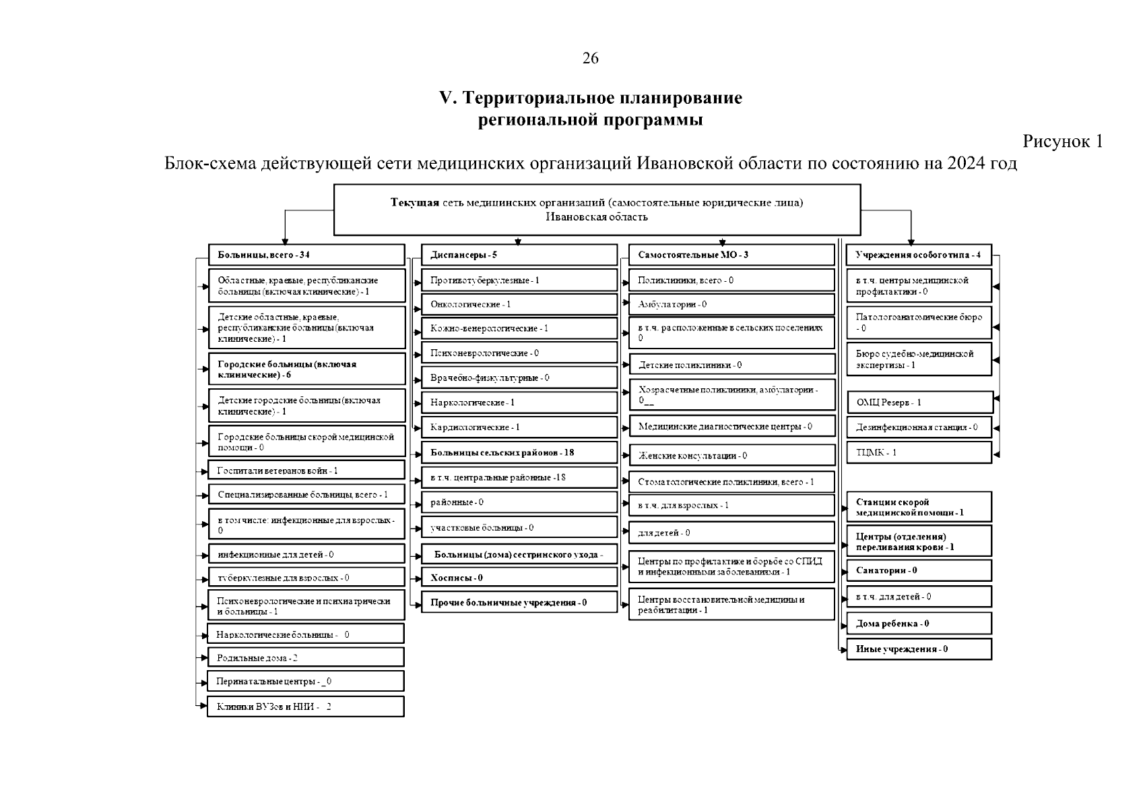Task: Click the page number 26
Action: point(590,59)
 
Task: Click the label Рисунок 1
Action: point(1062,142)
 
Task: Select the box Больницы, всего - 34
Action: point(306,255)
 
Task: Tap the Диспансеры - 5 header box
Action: point(519,255)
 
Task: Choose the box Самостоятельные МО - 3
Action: point(731,255)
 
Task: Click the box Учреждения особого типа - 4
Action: point(919,255)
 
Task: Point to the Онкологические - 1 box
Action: point(519,304)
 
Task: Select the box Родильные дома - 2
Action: point(306,657)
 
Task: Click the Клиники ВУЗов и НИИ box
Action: point(306,707)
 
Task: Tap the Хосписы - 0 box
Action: point(519,577)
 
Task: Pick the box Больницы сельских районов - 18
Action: point(519,452)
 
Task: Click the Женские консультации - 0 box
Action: point(731,456)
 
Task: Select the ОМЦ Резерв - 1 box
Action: point(919,402)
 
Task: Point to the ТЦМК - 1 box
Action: point(919,452)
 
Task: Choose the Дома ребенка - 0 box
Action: point(919,624)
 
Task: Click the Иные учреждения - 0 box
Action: point(919,649)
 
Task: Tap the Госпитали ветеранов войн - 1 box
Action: point(306,471)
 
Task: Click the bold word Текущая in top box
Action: point(415,203)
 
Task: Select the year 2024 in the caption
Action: point(964,164)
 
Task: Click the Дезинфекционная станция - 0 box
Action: point(919,427)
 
